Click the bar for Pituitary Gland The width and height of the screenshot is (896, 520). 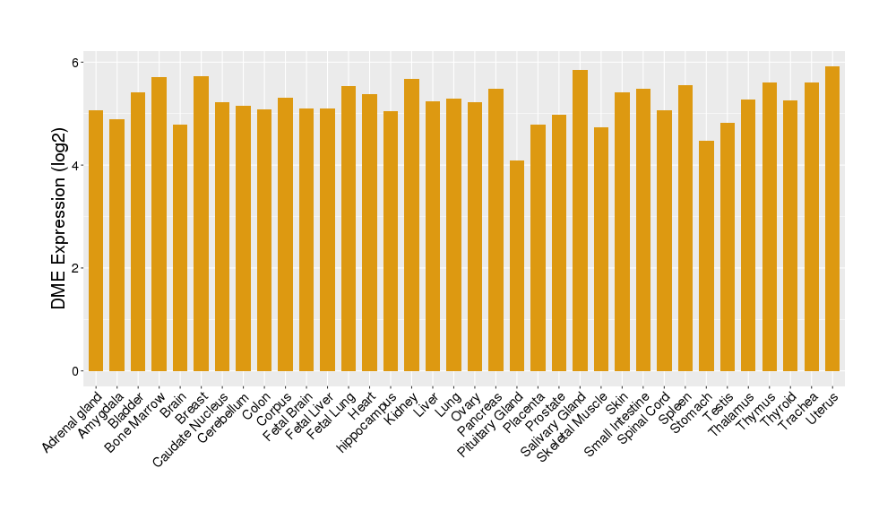[517, 265]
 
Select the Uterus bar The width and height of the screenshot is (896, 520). [832, 219]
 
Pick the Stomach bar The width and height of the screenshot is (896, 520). [706, 256]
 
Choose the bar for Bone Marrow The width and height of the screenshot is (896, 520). [159, 224]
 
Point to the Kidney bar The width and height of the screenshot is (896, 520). [411, 225]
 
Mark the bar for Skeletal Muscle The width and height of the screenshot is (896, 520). [601, 249]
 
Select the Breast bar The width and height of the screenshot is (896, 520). [201, 223]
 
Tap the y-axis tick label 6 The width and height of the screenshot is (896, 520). [76, 63]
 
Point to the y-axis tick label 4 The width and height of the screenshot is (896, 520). [76, 166]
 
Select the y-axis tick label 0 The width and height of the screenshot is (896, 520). [76, 371]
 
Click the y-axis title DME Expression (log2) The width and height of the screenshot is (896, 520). [59, 217]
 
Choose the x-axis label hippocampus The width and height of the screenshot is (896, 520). [368, 421]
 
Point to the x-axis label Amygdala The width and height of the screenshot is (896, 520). [102, 411]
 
